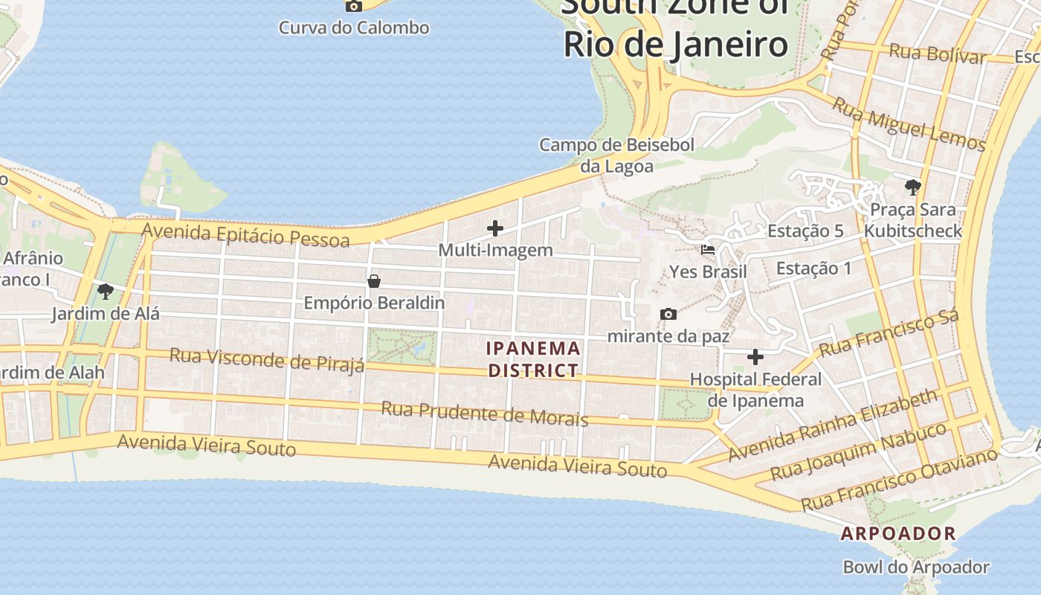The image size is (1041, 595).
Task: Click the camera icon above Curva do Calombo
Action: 354,6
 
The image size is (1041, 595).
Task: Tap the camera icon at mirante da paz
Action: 668,315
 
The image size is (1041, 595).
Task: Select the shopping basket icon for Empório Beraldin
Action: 374,281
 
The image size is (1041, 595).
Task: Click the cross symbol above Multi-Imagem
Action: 495,228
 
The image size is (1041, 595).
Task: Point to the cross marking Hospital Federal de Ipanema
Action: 755,357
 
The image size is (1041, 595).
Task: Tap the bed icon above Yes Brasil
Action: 708,250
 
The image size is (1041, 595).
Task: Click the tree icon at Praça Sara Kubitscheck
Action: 913,187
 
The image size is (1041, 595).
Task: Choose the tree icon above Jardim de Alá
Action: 106,291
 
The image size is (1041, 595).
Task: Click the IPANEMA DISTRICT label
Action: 533,359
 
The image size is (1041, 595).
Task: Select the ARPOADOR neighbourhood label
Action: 898,533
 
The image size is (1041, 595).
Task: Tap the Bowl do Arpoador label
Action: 916,567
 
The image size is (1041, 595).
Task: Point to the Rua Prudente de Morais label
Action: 485,414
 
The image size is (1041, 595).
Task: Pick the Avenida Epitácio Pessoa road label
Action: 245,234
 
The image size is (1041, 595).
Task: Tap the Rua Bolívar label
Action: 938,54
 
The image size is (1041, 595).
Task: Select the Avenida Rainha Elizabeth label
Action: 834,425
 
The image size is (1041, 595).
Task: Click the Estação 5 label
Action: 805,231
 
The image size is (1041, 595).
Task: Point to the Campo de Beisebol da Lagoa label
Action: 617,155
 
